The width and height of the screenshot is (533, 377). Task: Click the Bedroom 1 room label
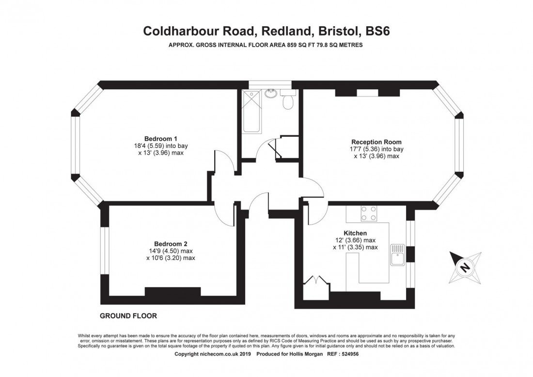pyautogui.click(x=160, y=139)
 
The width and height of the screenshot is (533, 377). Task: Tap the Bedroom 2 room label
pyautogui.click(x=171, y=244)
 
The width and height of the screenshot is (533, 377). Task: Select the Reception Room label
pyautogui.click(x=376, y=142)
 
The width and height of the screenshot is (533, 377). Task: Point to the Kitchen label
pyautogui.click(x=355, y=233)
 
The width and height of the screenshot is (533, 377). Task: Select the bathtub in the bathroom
pyautogui.click(x=252, y=111)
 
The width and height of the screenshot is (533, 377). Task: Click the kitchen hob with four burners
pyautogui.click(x=369, y=213)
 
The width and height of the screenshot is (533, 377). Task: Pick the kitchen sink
pyautogui.click(x=397, y=255)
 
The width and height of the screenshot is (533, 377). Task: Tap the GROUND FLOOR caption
pyautogui.click(x=128, y=316)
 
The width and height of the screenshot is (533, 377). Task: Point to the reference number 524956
pyautogui.click(x=348, y=354)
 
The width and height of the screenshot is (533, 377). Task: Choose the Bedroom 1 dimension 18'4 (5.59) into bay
pyautogui.click(x=161, y=146)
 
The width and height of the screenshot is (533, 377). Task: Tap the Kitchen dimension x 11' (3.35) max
pyautogui.click(x=355, y=247)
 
